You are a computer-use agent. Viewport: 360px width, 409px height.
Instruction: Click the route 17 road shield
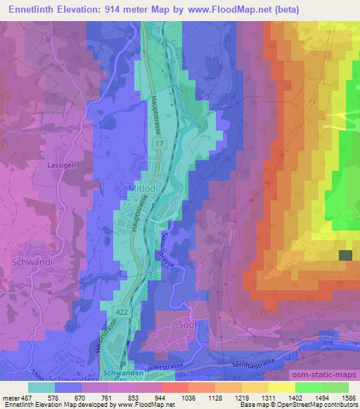(160, 143)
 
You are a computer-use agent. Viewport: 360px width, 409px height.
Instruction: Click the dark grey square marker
(345, 257)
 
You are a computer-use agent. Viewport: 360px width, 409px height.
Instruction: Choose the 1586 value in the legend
(347, 398)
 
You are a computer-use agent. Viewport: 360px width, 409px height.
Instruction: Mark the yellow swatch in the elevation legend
(282, 387)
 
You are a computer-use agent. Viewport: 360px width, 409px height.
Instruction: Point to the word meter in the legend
(11, 398)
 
